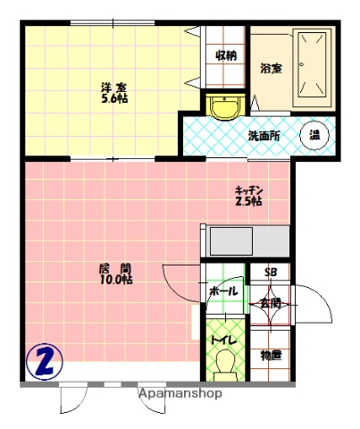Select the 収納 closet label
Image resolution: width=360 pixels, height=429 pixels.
coord(225,55)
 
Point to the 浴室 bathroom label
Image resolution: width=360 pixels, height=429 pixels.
coord(272,68)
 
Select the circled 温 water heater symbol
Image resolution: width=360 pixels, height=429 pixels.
coord(315,135)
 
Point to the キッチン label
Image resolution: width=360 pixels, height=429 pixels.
coord(249,189)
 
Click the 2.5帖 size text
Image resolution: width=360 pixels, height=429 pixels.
coord(249,202)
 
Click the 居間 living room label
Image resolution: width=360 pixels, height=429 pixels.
coord(115,267)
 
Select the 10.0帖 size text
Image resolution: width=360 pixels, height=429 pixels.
coord(115,280)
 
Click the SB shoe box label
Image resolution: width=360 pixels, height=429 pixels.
coord(269,273)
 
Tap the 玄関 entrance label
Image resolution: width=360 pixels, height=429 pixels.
coord(270,304)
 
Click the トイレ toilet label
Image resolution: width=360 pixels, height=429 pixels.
coord(222,339)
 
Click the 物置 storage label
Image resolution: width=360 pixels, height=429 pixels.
coord(270,355)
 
